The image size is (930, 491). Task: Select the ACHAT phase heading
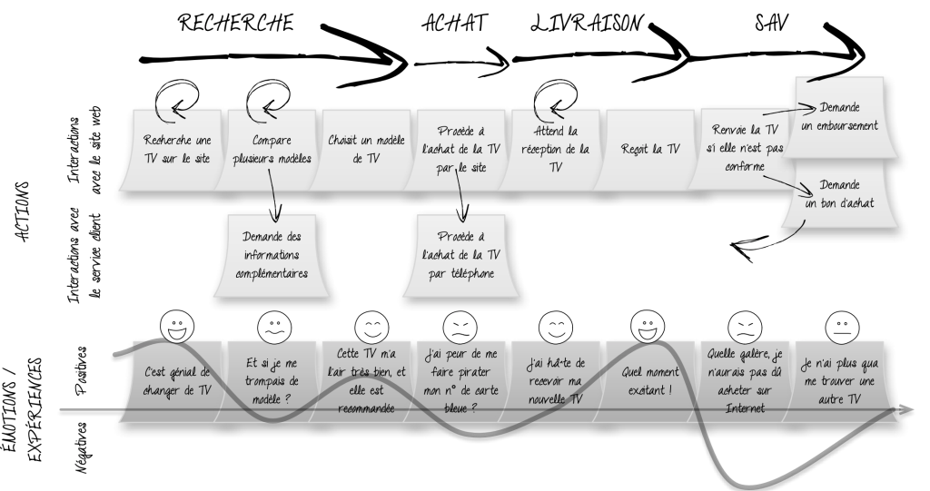click(x=450, y=22)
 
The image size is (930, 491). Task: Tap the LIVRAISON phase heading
click(x=591, y=22)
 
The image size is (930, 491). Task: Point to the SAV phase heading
click(x=767, y=22)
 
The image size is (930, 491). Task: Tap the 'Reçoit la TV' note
click(x=646, y=148)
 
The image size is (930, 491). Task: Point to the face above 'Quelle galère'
click(x=745, y=324)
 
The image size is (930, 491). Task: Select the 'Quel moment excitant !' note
click(x=648, y=376)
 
